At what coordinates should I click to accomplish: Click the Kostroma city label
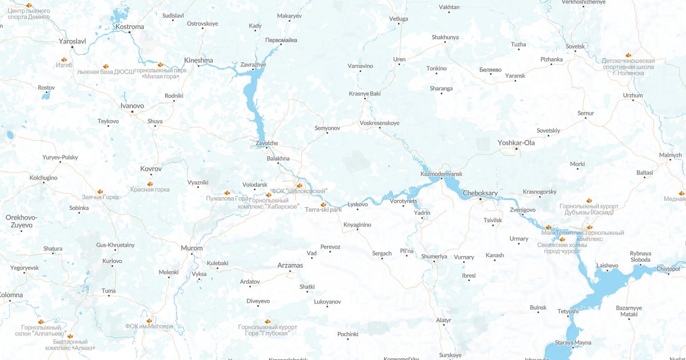130,26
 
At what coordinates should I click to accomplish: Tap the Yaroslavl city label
72,41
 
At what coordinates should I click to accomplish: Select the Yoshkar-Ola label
516,142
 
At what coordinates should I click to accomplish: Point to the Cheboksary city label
481,193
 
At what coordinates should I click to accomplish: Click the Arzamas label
290,265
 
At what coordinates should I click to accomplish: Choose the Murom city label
192,248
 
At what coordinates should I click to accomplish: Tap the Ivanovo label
132,106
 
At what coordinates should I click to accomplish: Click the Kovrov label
151,169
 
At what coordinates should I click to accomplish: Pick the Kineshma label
198,60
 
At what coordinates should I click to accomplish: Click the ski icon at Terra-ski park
324,204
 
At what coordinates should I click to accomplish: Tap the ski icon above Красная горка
150,184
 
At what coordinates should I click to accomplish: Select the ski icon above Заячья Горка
100,191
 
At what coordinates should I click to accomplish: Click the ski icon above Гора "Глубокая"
268,321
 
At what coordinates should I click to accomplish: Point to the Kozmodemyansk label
441,173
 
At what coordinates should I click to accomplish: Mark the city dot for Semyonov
327,133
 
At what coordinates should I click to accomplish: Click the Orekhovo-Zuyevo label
21,221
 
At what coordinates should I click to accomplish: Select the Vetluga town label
398,19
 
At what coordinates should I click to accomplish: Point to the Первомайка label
281,40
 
